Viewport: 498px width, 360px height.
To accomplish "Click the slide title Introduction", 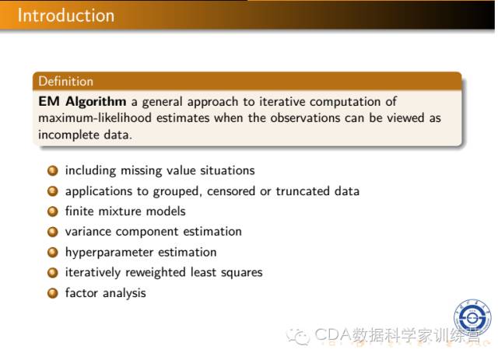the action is click(x=65, y=16).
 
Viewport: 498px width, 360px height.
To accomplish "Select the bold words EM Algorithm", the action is click(x=82, y=102).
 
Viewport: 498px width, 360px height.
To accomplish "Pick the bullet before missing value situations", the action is click(x=53, y=171).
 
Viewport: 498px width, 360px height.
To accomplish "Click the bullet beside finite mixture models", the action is click(x=53, y=211).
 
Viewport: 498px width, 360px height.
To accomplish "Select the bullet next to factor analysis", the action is click(x=53, y=293).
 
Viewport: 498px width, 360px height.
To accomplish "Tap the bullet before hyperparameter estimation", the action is click(x=53, y=253).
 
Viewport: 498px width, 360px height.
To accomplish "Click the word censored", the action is click(x=231, y=191).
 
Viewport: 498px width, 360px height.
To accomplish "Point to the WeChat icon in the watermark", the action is click(x=298, y=336).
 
